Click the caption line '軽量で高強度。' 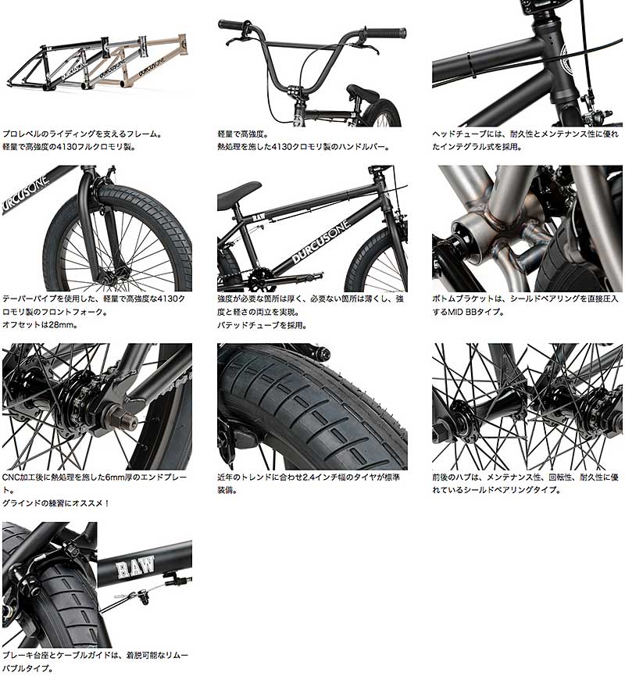pos(242,134)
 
